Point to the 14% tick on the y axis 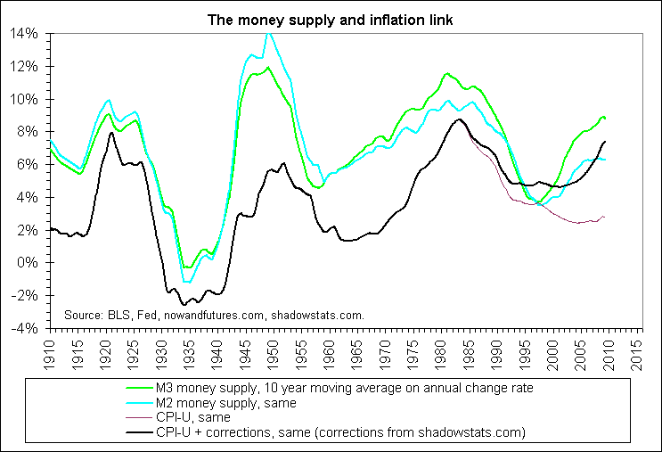point(24,33)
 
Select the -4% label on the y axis point(24,328)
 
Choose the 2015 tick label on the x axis point(637,349)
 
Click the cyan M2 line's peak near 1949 point(268,34)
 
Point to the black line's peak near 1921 point(111,133)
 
